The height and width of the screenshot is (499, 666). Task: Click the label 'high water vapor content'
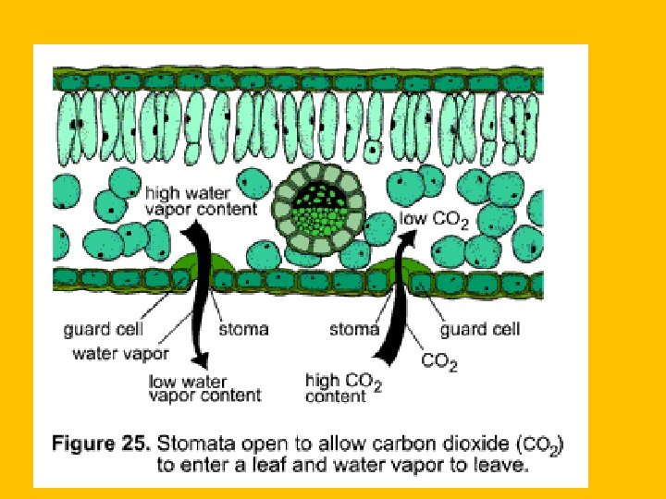pyautogui.click(x=201, y=201)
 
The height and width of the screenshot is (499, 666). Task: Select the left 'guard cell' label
pyautogui.click(x=102, y=329)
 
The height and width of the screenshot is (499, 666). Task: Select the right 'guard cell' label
pyautogui.click(x=479, y=328)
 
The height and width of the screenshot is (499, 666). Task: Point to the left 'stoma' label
pyautogui.click(x=243, y=328)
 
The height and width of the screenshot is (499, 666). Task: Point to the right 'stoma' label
pyautogui.click(x=354, y=328)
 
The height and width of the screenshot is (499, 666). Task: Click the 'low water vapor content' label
pyautogui.click(x=204, y=387)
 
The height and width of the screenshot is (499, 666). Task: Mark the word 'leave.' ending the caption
pyautogui.click(x=504, y=465)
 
